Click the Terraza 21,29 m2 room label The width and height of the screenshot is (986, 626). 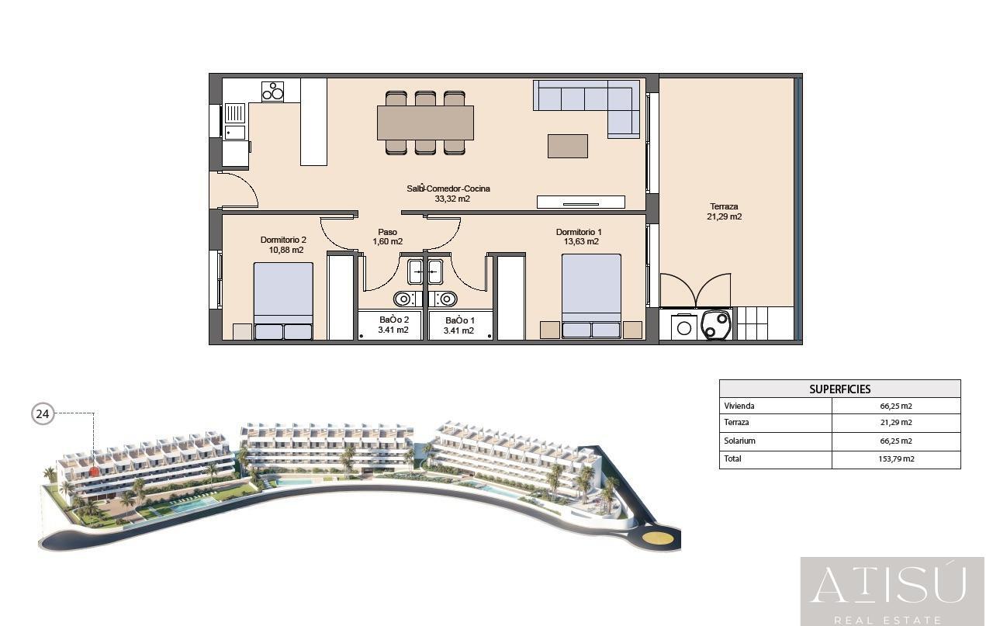pyautogui.click(x=724, y=211)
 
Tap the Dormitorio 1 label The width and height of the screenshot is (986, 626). pyautogui.click(x=579, y=232)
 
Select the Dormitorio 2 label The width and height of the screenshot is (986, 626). pyautogui.click(x=283, y=240)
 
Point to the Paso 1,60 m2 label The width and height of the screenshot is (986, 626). pyautogui.click(x=387, y=237)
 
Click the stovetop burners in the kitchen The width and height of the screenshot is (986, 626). pyautogui.click(x=273, y=92)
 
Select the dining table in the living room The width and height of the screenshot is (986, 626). pyautogui.click(x=425, y=123)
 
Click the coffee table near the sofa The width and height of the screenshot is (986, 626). pyautogui.click(x=568, y=146)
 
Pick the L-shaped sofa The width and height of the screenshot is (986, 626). pyautogui.click(x=586, y=107)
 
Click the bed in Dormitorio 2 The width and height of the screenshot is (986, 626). pyautogui.click(x=283, y=301)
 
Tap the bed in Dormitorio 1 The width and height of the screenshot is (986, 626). pyautogui.click(x=592, y=296)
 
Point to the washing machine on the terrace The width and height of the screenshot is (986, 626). pyautogui.click(x=683, y=327)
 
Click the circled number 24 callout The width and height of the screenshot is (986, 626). pyautogui.click(x=43, y=413)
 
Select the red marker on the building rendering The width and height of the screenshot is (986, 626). pyautogui.click(x=94, y=472)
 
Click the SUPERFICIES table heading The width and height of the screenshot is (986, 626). pyautogui.click(x=839, y=389)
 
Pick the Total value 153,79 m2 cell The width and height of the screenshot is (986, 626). pyautogui.click(x=896, y=458)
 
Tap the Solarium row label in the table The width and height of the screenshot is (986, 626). pyautogui.click(x=739, y=441)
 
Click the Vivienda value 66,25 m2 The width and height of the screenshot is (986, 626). pyautogui.click(x=896, y=406)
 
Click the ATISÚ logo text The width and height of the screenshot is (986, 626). pyautogui.click(x=889, y=586)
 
